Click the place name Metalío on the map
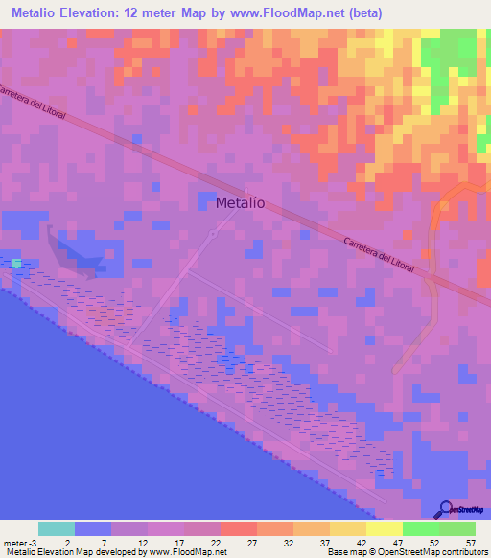(x=241, y=202)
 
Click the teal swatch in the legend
(x=57, y=528)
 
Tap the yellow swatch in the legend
(x=385, y=528)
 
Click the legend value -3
(x=32, y=542)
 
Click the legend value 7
(x=104, y=542)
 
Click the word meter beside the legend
(x=14, y=542)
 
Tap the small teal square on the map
(x=15, y=263)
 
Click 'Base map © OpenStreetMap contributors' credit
(x=406, y=552)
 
